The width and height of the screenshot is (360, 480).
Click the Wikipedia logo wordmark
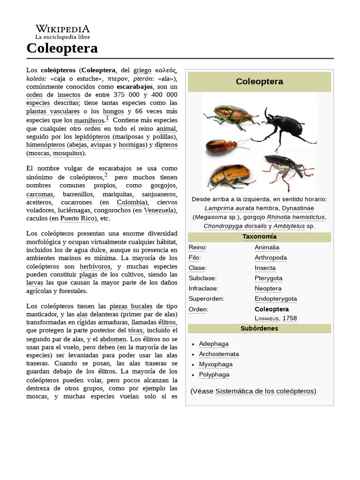[x=62, y=29]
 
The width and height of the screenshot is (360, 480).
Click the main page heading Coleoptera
[x=62, y=48]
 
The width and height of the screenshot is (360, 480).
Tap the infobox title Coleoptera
[x=259, y=82]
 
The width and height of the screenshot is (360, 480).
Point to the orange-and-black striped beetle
[x=229, y=176]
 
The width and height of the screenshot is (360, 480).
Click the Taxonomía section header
[x=259, y=237]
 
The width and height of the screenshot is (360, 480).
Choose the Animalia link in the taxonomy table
[x=267, y=247]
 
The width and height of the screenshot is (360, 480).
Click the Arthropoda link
[x=270, y=257]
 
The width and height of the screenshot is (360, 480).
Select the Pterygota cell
[x=268, y=278]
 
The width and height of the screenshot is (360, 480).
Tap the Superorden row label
[x=206, y=299]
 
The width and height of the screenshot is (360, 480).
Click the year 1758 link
[x=290, y=318]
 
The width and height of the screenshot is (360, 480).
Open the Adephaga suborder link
[x=214, y=344]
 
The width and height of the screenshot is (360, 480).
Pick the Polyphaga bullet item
[x=214, y=375]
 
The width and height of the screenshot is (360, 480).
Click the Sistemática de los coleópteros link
[x=265, y=391]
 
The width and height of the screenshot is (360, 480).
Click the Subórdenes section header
[x=259, y=328]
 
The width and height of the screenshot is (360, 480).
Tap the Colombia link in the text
[x=131, y=202]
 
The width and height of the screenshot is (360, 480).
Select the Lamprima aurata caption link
[x=229, y=208]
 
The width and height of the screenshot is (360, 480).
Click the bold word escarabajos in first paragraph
[x=135, y=87]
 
